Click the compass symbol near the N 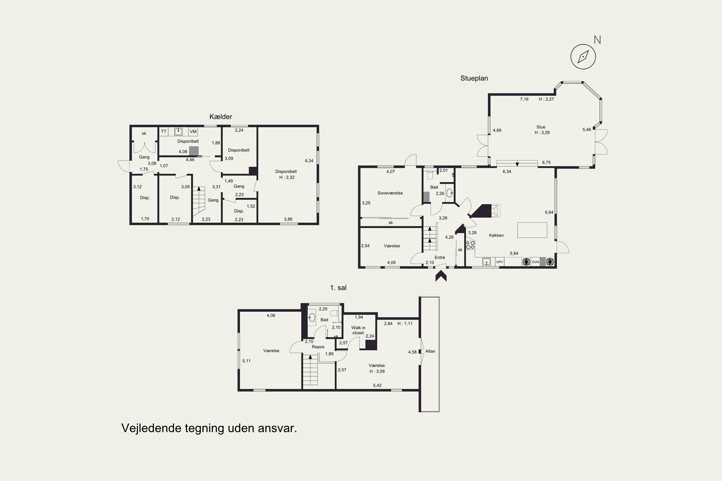[x=583, y=57]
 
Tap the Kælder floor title [x=221, y=117]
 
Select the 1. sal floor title [x=338, y=288]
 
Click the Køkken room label [x=496, y=235]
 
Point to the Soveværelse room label [x=390, y=193]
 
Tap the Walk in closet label [x=358, y=330]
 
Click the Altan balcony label [x=430, y=351]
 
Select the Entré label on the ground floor [x=440, y=257]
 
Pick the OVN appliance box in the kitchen [x=535, y=262]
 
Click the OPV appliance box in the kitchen [x=499, y=262]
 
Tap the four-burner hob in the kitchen [x=470, y=245]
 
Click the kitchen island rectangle [x=532, y=230]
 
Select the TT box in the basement [x=164, y=132]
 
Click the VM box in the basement [x=193, y=132]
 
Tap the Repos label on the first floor [x=318, y=347]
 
